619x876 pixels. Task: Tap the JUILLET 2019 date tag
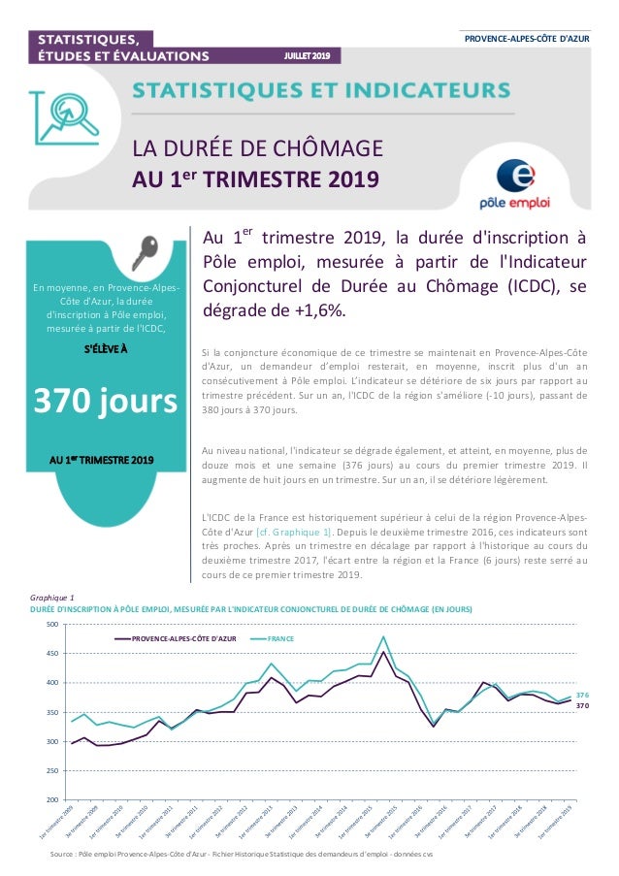306,55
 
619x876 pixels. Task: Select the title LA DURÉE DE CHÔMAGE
258,149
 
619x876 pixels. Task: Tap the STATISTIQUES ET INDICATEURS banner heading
320,90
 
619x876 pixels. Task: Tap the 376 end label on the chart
583,696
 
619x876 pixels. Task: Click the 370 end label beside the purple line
583,706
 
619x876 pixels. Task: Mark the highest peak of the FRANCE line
384,636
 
